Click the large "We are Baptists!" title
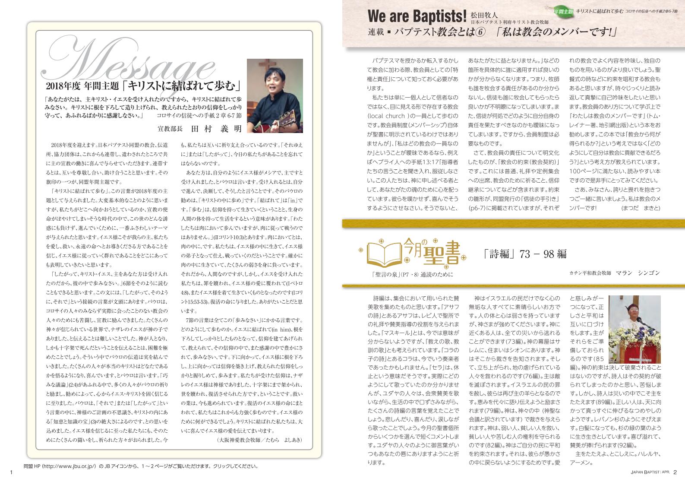pos(417,16)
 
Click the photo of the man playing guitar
pos(275,95)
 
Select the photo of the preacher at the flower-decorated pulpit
pos(634,329)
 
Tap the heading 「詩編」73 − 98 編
pos(525,254)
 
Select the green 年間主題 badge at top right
pos(564,11)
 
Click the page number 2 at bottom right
pos(676,472)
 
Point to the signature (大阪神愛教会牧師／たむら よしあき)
pos(259,440)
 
